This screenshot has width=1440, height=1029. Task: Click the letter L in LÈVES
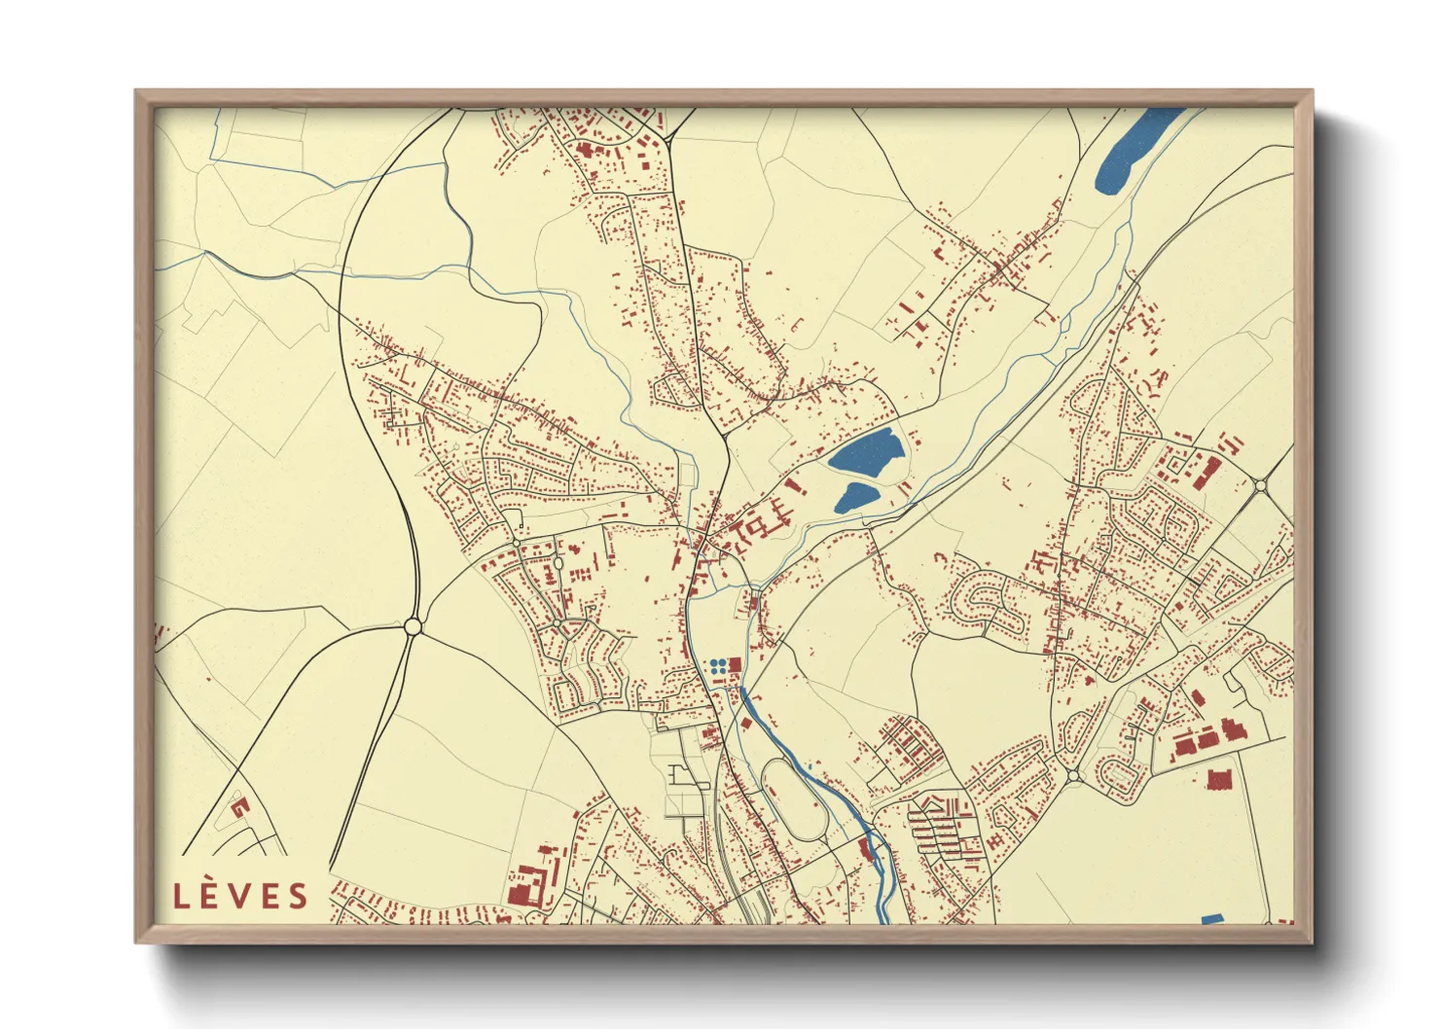[x=181, y=896]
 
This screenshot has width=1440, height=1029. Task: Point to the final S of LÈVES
[x=297, y=896]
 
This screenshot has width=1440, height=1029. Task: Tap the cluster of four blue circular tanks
[x=718, y=667]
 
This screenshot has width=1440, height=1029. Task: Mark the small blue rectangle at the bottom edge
[x=1211, y=919]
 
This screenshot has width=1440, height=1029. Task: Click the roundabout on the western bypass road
[x=413, y=627]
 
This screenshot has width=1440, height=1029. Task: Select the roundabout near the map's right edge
[x=1261, y=484]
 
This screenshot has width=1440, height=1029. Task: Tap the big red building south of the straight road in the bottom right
[x=1219, y=778]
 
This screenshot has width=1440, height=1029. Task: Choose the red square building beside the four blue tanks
[x=736, y=666]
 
